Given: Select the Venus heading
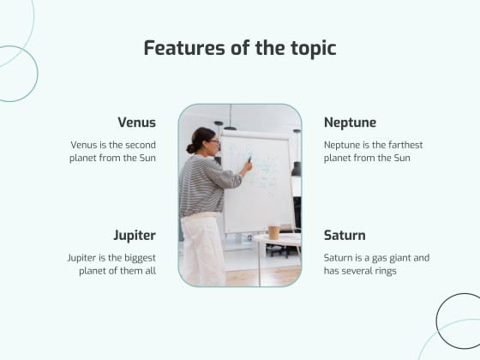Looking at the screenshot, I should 136,123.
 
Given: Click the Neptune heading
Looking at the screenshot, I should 350,123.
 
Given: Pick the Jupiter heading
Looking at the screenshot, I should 135,235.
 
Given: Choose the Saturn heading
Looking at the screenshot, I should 345,235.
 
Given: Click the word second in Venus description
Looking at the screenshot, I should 139,145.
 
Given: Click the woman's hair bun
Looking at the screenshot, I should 190,147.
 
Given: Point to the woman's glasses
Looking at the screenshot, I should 213,144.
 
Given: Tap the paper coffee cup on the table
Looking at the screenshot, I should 273,231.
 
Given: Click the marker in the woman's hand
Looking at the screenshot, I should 250,159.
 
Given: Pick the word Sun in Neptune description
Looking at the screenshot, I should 402,159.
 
